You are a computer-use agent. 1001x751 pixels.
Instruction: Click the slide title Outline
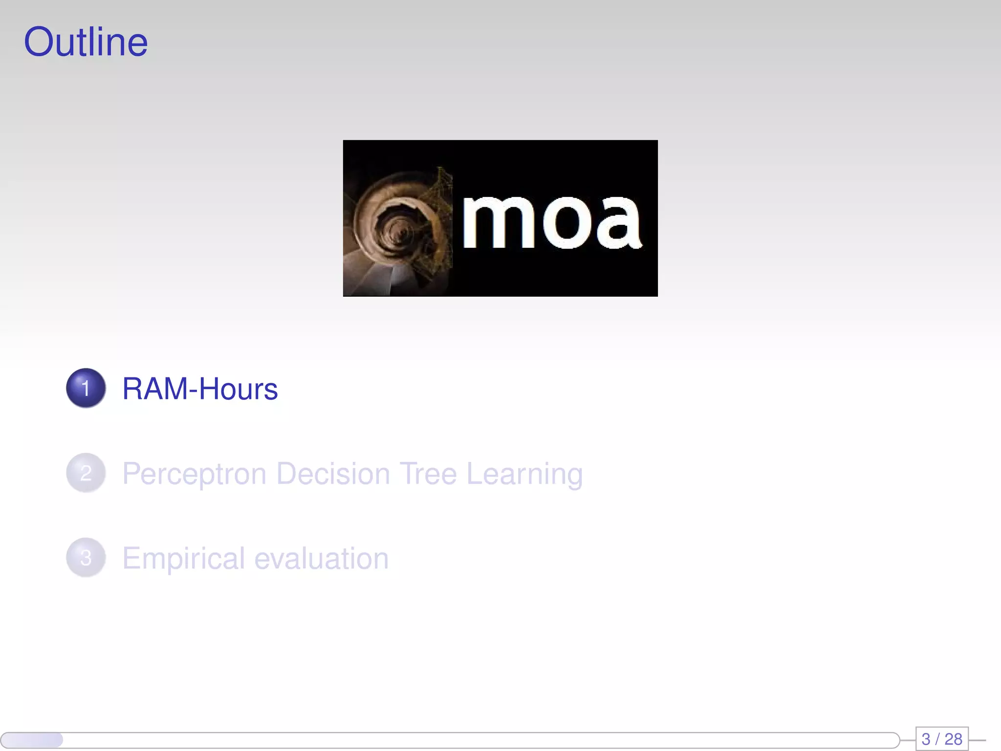[x=86, y=43]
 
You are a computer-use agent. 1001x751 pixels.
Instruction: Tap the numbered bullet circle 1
[x=86, y=388]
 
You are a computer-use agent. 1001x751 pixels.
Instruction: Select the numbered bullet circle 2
[x=86, y=473]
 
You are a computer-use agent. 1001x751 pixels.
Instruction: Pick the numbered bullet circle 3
[x=86, y=557]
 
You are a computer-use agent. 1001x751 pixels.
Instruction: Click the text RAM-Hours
[x=200, y=389]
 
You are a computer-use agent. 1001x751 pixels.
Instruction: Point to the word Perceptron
[x=194, y=474]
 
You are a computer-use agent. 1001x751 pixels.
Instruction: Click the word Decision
[x=333, y=473]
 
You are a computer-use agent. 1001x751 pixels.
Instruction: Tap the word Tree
[x=428, y=473]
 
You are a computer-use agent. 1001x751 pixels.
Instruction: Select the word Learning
[x=524, y=474]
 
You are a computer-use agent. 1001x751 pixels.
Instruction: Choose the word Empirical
[x=183, y=559]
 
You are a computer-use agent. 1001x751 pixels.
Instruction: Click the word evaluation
[x=322, y=558]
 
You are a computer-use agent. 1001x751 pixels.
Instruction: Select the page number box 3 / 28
[x=941, y=739]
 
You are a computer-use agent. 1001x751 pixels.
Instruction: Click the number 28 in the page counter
[x=953, y=739]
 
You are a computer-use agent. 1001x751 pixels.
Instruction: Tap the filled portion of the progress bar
[x=32, y=740]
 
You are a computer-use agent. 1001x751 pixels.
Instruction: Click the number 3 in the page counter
[x=926, y=739]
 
